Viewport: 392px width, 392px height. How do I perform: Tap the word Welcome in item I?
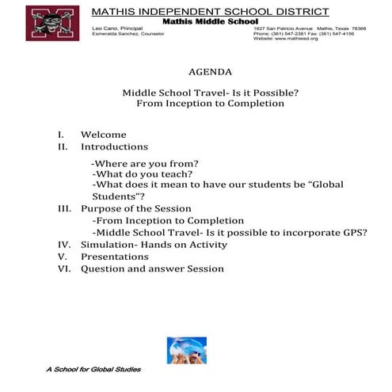point(103,135)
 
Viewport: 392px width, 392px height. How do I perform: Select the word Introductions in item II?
point(114,147)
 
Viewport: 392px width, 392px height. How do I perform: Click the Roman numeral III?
point(65,208)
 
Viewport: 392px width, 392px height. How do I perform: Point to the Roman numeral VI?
point(65,269)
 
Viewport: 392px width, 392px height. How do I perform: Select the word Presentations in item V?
point(114,257)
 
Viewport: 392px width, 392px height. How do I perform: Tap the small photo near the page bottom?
point(186,349)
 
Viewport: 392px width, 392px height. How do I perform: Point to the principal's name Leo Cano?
point(108,29)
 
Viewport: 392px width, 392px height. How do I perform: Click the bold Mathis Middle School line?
point(210,21)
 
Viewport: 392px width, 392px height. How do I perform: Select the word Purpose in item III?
point(103,208)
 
